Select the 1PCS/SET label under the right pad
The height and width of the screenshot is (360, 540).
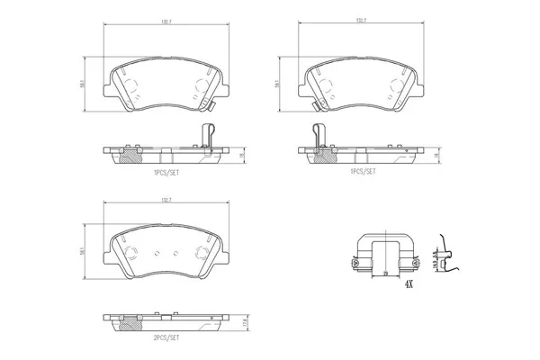point(363,169)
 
